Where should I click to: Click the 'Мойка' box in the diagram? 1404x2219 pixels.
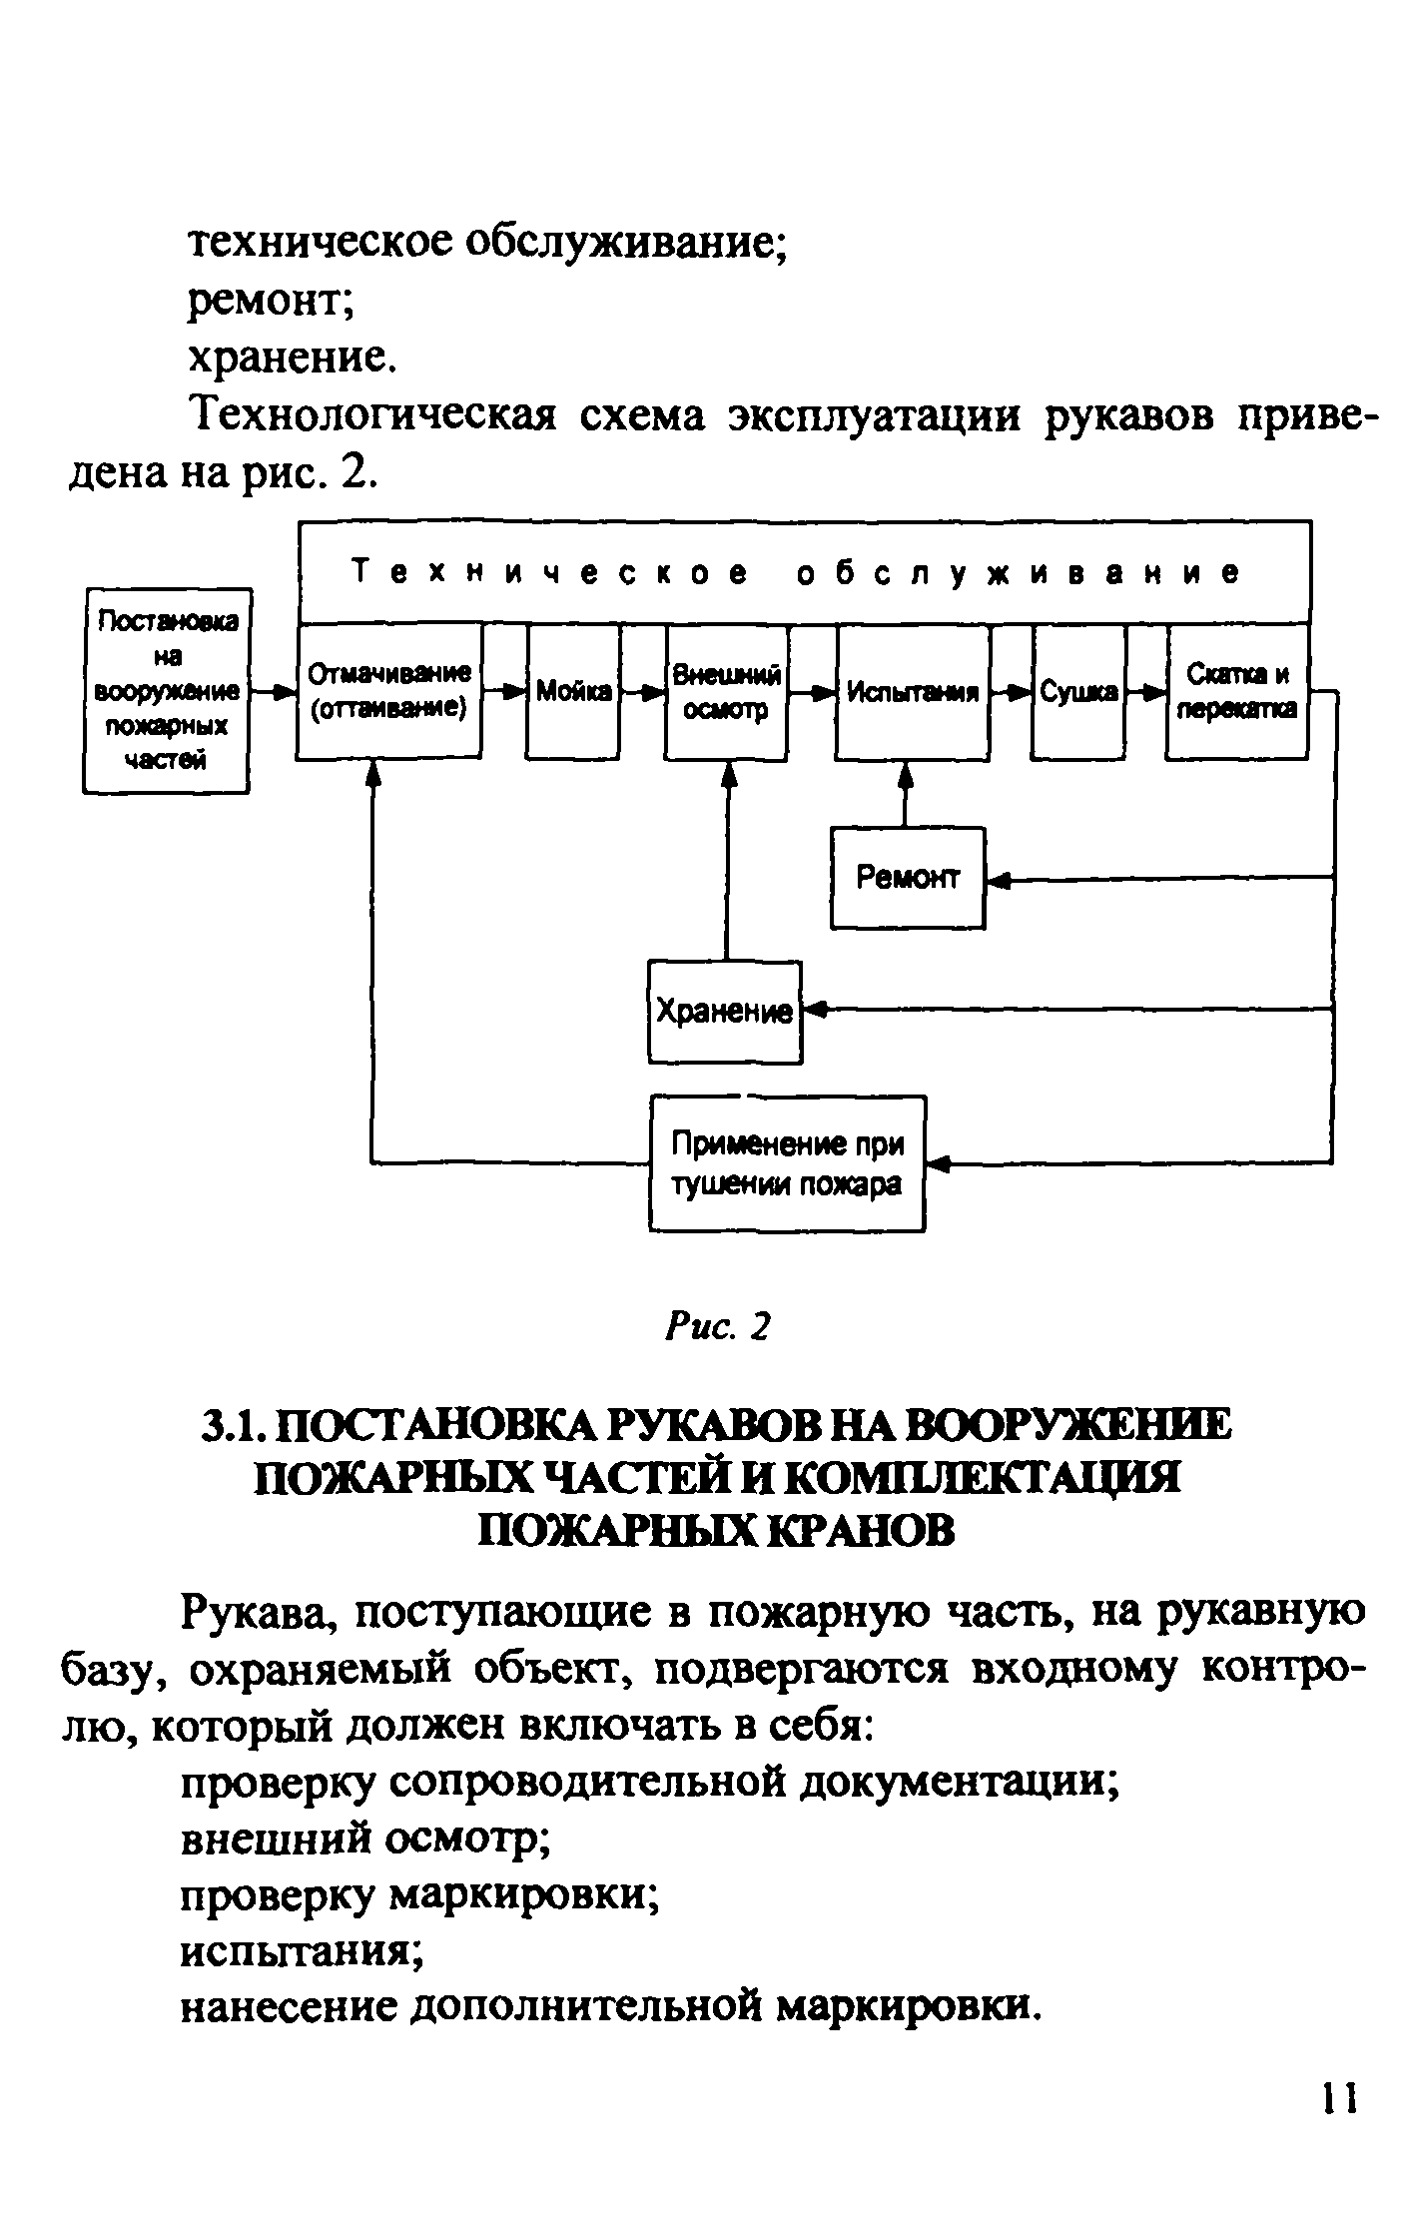(x=573, y=691)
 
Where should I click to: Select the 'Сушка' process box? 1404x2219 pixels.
(x=1078, y=691)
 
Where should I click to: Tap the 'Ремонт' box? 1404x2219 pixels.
(x=908, y=878)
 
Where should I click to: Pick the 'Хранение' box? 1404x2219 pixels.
(x=725, y=1012)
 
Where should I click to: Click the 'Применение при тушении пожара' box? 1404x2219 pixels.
(x=788, y=1163)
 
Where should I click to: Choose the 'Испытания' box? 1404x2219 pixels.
(x=914, y=691)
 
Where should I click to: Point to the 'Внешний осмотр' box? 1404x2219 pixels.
(x=727, y=691)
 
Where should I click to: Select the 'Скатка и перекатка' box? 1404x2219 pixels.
(x=1237, y=691)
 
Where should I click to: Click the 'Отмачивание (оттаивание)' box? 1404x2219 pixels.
(x=389, y=691)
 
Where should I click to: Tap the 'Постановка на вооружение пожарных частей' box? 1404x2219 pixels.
(x=166, y=690)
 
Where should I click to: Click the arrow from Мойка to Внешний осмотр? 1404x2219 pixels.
(x=643, y=691)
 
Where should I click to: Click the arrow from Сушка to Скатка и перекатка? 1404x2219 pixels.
(x=1145, y=691)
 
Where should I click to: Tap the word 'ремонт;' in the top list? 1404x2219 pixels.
(x=273, y=301)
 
